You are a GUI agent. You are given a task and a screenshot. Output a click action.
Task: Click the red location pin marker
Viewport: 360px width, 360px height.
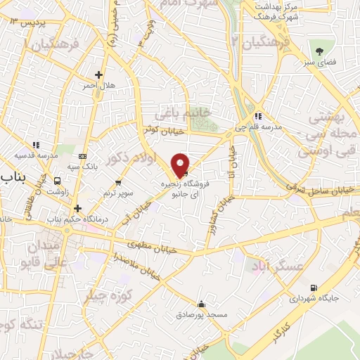(x=181, y=165)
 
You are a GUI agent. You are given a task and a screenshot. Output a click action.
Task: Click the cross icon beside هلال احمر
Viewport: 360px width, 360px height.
(x=98, y=75)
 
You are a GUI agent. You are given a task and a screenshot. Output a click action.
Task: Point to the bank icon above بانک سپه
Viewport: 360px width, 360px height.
(x=83, y=155)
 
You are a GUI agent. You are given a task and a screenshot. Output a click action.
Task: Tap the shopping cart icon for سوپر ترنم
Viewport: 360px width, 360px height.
(x=117, y=161)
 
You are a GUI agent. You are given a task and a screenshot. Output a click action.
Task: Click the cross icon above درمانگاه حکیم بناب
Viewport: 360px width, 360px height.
(x=77, y=208)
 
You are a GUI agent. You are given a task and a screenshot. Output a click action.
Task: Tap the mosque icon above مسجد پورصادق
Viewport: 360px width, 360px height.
(x=201, y=304)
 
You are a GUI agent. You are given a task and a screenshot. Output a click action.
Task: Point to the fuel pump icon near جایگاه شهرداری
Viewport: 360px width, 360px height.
(x=313, y=287)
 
